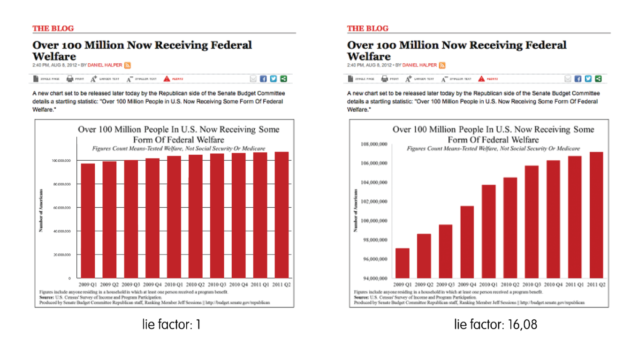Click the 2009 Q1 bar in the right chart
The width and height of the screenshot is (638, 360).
pos(403,263)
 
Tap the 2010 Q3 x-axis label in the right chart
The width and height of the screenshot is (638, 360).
pos(532,285)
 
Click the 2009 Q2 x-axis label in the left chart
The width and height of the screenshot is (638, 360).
pos(109,285)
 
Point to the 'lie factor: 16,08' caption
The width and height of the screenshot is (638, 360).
pos(495,324)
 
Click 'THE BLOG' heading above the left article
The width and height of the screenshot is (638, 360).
pos(53,29)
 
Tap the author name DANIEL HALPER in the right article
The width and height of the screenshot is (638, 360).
pos(419,65)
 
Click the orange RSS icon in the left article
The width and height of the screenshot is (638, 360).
pos(127,65)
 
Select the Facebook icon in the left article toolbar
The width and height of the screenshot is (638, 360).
pos(263,79)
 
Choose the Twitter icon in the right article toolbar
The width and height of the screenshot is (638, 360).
pos(588,79)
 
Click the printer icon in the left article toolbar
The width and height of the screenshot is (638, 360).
pos(70,79)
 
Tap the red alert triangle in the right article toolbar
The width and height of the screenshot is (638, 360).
pos(481,79)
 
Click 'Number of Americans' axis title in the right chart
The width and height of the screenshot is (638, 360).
pos(356,211)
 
